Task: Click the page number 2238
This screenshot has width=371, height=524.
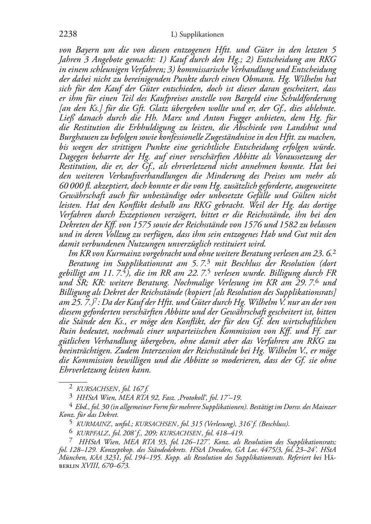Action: (x=68, y=34)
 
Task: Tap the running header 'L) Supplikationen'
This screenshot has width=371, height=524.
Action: (x=197, y=35)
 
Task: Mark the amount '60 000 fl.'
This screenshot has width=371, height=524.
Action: (x=74, y=186)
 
